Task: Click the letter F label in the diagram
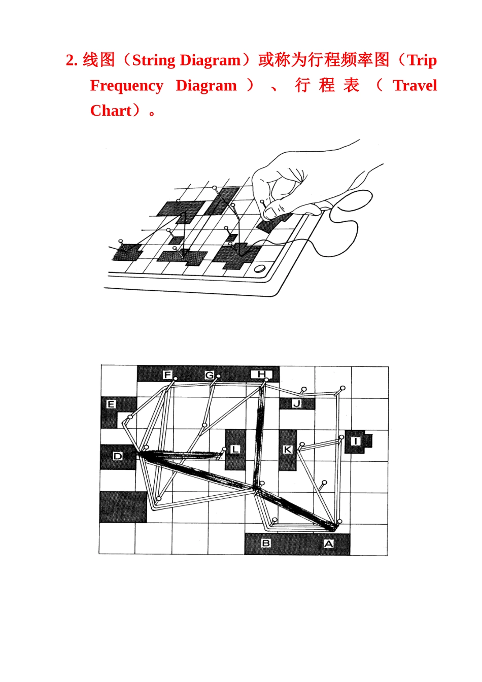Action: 167,375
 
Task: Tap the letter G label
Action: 209,376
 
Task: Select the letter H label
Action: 261,374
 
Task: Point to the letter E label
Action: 111,404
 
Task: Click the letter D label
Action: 117,456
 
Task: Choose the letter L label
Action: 234,450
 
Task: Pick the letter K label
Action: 287,450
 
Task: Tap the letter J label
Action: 297,404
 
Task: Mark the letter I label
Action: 356,441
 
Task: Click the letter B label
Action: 266,543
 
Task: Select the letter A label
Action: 329,544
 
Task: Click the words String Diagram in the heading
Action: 186,60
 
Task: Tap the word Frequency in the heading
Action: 127,86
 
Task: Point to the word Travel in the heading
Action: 415,86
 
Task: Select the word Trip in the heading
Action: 422,60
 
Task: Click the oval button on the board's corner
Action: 259,268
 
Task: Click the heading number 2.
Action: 71,60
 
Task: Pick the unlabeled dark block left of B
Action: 123,507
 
